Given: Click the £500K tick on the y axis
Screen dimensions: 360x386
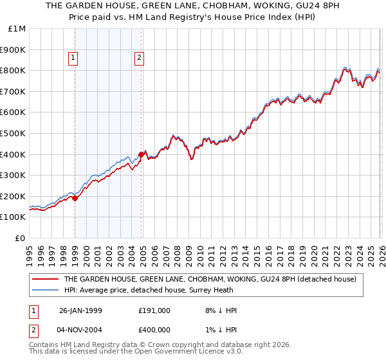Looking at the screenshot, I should (x=13, y=133).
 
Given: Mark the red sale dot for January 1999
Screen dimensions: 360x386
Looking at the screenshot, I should (x=75, y=198).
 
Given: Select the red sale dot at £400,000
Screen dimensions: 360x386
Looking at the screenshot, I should (x=141, y=154).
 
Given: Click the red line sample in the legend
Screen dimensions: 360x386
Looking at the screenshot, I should (x=45, y=279).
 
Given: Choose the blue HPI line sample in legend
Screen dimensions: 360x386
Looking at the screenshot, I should (x=45, y=290).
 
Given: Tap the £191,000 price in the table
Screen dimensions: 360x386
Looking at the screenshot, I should (x=154, y=310).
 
